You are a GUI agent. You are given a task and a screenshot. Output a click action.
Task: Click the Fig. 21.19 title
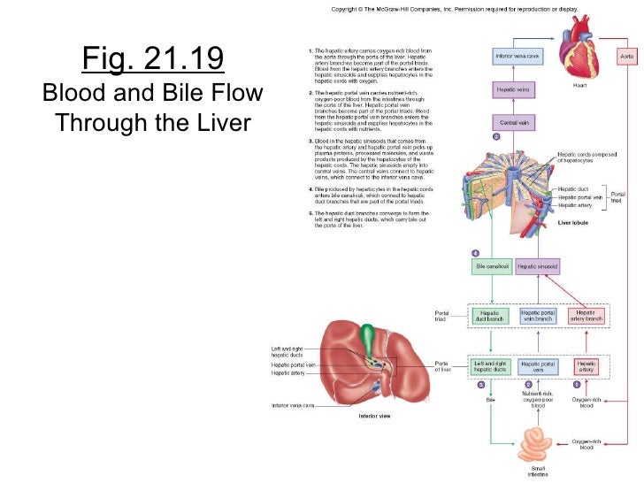point(153,59)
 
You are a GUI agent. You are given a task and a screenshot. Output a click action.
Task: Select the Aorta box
point(626,56)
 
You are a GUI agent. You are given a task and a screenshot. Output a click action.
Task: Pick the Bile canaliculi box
point(493,265)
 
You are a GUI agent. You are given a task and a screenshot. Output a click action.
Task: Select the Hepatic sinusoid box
point(536,265)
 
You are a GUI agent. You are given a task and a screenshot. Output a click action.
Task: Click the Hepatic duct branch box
point(489,315)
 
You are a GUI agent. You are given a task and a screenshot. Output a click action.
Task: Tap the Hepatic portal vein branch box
point(538,315)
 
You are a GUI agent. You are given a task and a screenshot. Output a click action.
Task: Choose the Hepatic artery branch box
point(586,315)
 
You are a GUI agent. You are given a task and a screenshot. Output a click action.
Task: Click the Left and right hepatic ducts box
point(489,364)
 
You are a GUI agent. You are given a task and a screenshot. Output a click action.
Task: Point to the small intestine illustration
point(538,444)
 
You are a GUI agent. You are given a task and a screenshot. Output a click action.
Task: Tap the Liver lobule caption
point(571,223)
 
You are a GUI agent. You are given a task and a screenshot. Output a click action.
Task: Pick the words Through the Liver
point(153,121)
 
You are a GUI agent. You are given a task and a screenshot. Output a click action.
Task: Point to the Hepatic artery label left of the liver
point(287,373)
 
